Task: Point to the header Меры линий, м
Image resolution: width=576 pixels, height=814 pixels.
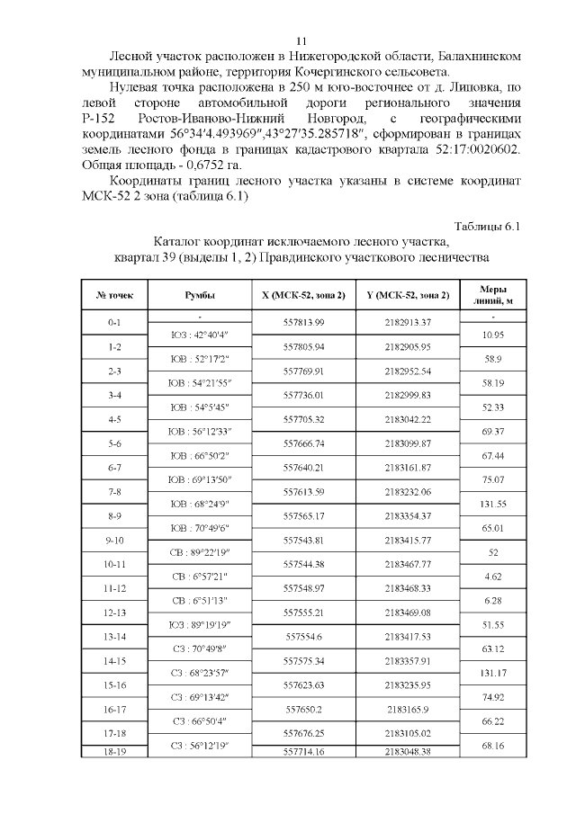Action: click(491, 294)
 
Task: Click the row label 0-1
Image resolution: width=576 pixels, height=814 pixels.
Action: click(114, 321)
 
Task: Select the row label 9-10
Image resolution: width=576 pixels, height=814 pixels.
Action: click(114, 540)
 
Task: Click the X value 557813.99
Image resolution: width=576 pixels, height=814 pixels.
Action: click(302, 321)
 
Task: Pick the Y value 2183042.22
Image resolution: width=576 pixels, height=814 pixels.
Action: click(408, 418)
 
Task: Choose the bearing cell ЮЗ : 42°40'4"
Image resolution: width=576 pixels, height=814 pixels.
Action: click(198, 335)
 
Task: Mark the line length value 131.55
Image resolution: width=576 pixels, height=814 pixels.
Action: click(491, 505)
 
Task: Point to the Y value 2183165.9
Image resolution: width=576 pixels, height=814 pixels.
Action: click(408, 709)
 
